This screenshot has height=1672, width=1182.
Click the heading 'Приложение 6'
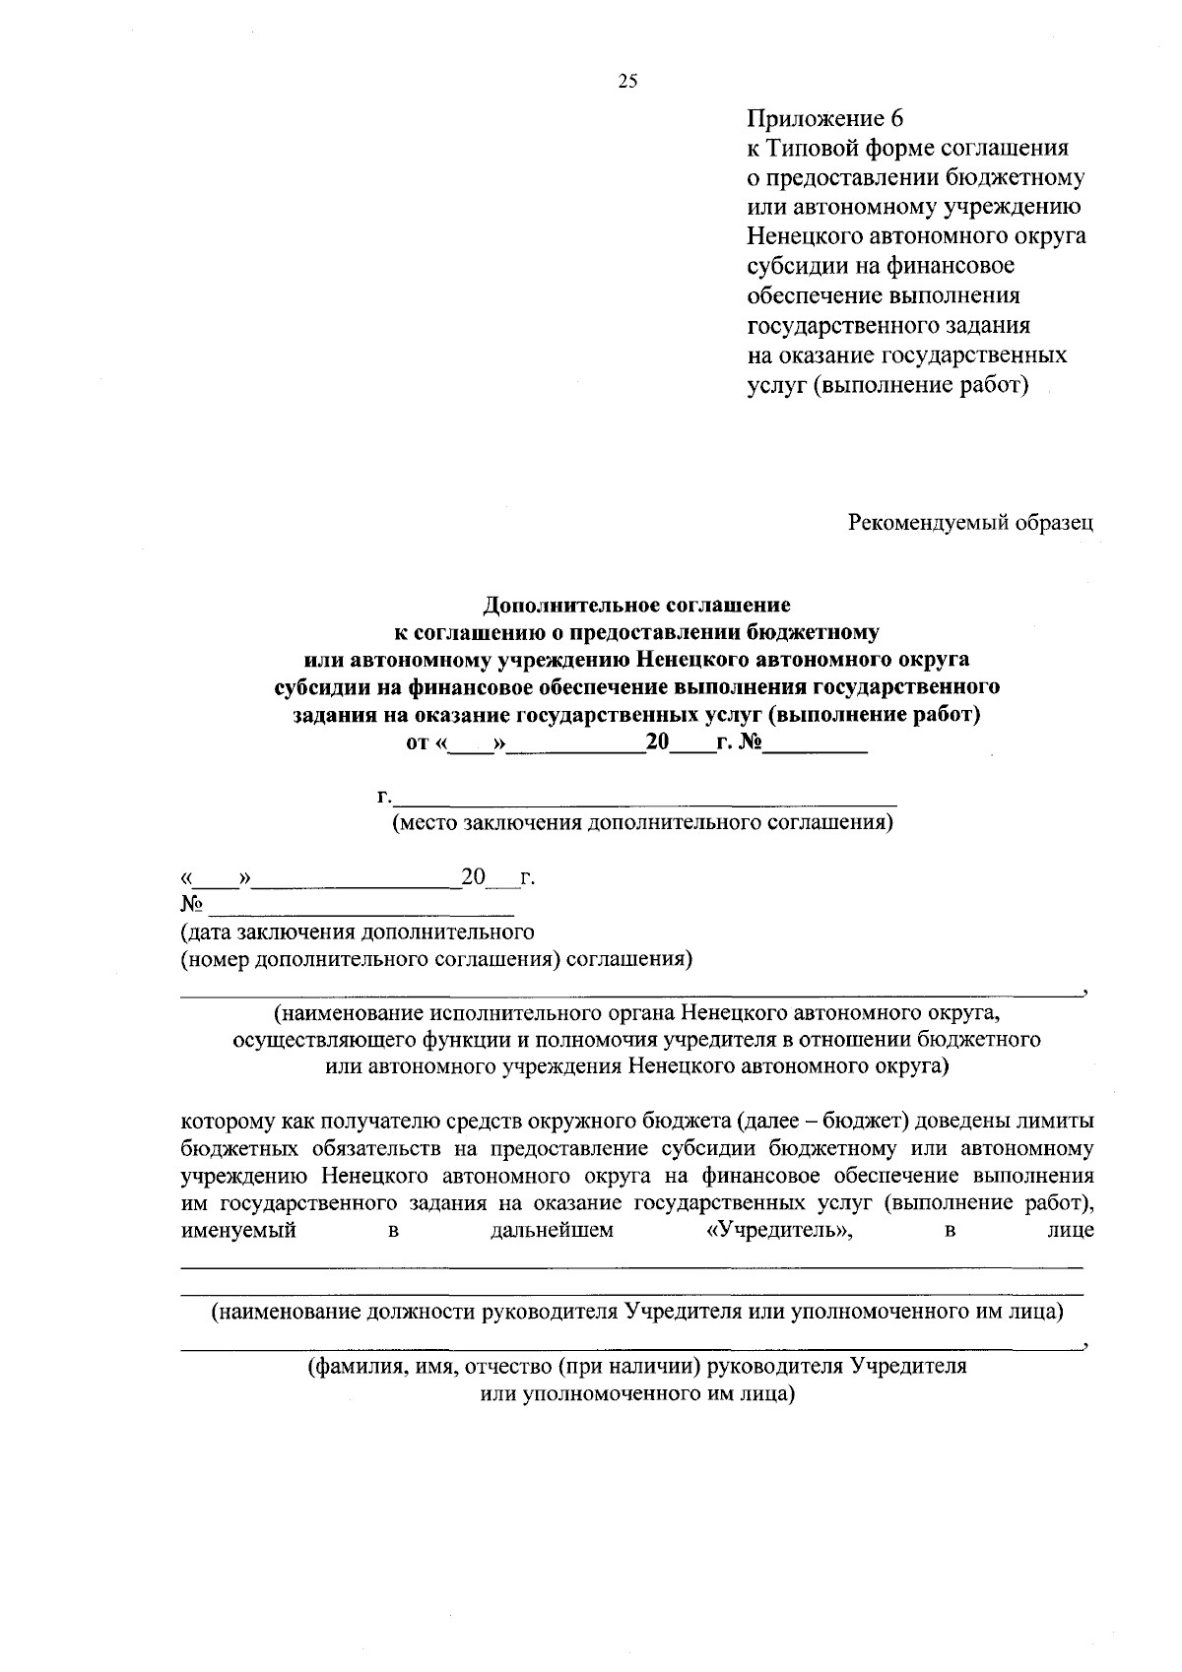point(824,119)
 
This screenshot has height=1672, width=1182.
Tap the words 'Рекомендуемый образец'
point(971,523)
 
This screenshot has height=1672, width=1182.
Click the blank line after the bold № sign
point(816,743)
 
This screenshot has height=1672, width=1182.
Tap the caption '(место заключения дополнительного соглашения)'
point(642,822)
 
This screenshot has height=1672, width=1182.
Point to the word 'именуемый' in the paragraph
point(239,1230)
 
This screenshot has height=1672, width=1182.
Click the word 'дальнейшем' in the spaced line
point(551,1230)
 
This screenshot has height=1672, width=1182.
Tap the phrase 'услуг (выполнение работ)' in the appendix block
point(887,385)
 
